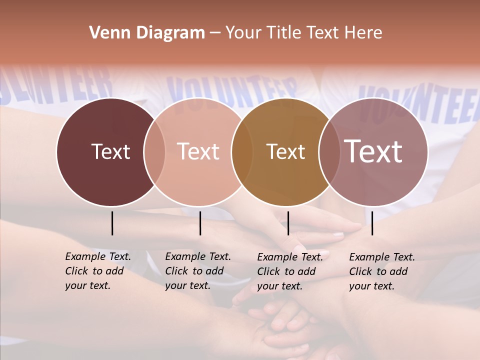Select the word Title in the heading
[284, 33]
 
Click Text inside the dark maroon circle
[110, 151]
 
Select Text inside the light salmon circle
[198, 151]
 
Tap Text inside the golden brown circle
[285, 151]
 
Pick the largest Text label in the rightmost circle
[373, 151]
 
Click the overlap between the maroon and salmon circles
[154, 152]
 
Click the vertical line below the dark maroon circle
[112, 223]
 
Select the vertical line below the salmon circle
[200, 223]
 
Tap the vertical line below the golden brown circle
[288, 223]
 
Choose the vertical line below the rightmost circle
[372, 223]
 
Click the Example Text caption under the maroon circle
[97, 271]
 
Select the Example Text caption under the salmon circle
[197, 271]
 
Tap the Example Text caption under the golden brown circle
[289, 271]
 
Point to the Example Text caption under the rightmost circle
[381, 271]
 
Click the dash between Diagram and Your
[215, 33]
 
